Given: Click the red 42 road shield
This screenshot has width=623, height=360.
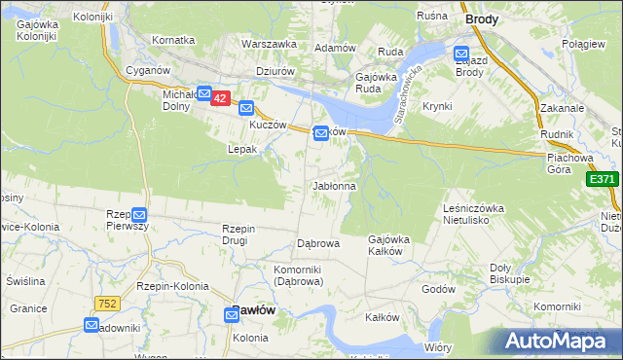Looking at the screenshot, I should click(220, 99).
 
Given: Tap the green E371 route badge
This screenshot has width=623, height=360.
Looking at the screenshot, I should click(603, 179).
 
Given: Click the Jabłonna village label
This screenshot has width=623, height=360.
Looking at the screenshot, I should click(334, 185).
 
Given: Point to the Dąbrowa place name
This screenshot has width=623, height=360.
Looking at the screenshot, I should click(317, 243).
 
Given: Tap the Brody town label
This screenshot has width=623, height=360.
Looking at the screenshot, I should click(482, 18).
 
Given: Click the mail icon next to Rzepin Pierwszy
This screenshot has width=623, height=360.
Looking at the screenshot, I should click(139, 214).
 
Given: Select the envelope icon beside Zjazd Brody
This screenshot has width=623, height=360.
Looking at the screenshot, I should click(461, 54).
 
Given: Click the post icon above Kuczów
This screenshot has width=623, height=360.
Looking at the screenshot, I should click(246, 109).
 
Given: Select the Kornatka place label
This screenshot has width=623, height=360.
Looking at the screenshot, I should click(173, 40).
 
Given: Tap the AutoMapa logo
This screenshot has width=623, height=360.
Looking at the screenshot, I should click(558, 341).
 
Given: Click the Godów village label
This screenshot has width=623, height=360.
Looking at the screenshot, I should click(440, 290).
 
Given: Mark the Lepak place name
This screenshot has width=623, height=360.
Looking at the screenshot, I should click(241, 150).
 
